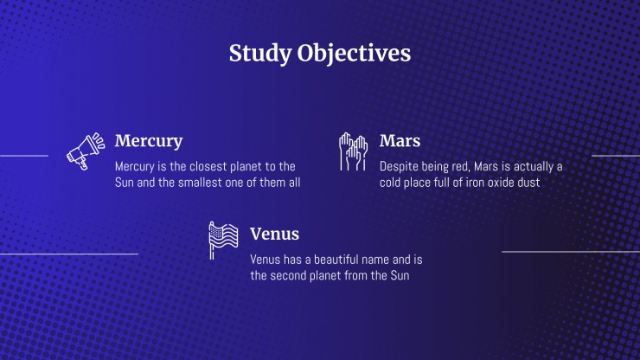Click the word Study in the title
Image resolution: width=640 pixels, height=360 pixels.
click(x=260, y=55)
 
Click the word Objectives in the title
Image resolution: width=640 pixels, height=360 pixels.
click(x=354, y=54)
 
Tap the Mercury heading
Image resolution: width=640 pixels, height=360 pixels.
click(x=149, y=141)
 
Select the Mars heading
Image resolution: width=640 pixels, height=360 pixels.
click(x=400, y=141)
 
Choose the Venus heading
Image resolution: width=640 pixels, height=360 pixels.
click(x=274, y=235)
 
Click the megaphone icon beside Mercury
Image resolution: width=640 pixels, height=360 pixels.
click(x=86, y=151)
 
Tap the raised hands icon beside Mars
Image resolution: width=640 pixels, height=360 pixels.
click(x=353, y=151)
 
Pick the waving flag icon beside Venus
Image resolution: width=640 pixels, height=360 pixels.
click(x=223, y=241)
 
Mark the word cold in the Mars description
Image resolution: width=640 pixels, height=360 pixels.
click(x=390, y=183)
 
